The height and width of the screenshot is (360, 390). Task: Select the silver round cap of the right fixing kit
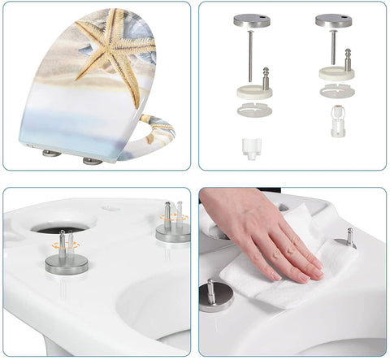click(x=334, y=20)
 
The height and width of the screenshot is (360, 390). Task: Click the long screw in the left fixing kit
click(x=250, y=57)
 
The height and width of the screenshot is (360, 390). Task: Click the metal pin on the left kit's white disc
click(x=265, y=77)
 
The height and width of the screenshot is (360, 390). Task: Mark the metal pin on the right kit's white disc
click(x=348, y=59)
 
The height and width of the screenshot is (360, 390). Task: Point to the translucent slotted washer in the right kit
click(x=335, y=91)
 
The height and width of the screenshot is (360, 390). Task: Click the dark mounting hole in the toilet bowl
click(x=61, y=230)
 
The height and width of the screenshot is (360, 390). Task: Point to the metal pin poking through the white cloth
click(x=350, y=236)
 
